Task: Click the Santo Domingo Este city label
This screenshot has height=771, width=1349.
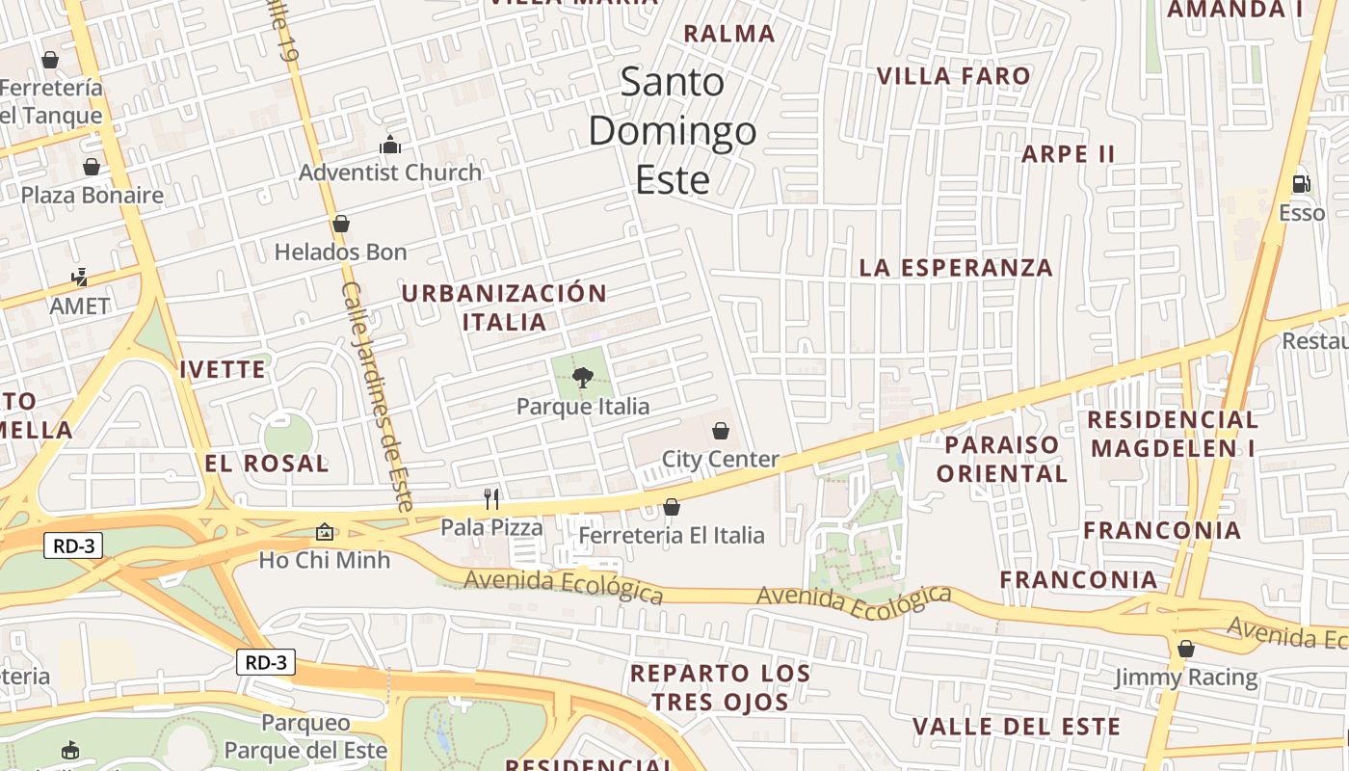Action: [673, 131]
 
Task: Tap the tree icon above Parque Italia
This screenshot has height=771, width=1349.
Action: [582, 377]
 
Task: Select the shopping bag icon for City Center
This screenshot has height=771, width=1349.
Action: [720, 431]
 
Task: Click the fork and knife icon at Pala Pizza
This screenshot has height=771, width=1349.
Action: [491, 498]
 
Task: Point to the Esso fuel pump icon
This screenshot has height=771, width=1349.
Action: [1301, 183]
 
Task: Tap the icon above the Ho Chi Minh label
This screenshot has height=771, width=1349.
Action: [325, 531]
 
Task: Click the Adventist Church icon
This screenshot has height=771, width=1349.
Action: [390, 145]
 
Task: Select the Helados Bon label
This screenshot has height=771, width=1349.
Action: [341, 253]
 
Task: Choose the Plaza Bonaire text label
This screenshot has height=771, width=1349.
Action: [93, 196]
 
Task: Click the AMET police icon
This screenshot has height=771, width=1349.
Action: [79, 278]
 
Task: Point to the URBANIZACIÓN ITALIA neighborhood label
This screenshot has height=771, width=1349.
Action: [504, 307]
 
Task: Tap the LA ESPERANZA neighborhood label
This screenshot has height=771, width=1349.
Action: [956, 268]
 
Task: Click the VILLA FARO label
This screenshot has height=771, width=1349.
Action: [953, 76]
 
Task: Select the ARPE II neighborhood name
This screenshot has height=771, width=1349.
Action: [1068, 154]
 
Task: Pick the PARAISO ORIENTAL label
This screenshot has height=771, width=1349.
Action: [1002, 459]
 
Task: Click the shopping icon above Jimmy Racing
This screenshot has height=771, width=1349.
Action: [1186, 649]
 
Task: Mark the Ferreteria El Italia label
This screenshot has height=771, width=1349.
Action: [672, 535]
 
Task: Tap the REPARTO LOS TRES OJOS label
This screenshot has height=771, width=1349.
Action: [720, 687]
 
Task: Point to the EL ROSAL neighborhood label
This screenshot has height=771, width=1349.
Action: [267, 464]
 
